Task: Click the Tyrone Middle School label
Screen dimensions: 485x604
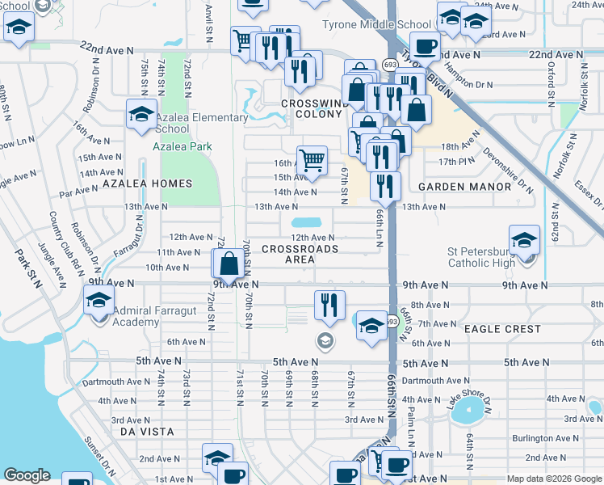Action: click(x=376, y=25)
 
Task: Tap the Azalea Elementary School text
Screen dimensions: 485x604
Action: click(x=201, y=123)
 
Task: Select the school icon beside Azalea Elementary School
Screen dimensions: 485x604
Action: click(x=141, y=116)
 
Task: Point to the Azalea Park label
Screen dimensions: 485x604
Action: click(x=182, y=146)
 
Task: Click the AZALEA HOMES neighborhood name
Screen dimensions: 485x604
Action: click(x=148, y=184)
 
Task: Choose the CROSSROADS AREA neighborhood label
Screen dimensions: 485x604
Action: click(x=300, y=254)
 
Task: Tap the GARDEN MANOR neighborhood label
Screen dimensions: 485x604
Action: click(x=464, y=187)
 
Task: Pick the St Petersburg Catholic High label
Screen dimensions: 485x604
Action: click(x=493, y=257)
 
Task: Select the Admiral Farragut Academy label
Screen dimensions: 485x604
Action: click(x=136, y=316)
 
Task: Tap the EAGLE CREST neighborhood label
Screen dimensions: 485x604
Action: click(x=502, y=329)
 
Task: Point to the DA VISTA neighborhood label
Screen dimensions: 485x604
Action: click(x=147, y=432)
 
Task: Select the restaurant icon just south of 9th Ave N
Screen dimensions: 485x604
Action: click(x=329, y=306)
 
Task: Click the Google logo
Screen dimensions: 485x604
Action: click(x=27, y=476)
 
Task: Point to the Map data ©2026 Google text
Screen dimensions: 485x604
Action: click(x=553, y=479)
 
